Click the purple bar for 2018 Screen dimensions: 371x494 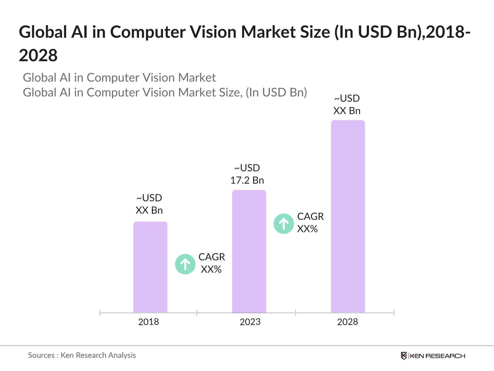click(x=150, y=267)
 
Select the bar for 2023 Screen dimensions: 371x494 click(x=249, y=252)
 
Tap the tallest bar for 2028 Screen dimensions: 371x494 click(x=348, y=216)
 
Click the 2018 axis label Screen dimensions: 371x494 click(x=149, y=322)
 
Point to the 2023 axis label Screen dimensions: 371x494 click(x=250, y=322)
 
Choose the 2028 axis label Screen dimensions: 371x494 click(x=347, y=322)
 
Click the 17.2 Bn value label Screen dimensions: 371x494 click(x=247, y=180)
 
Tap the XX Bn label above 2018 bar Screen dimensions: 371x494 click(x=149, y=210)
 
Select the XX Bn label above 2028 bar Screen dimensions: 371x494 click(x=347, y=111)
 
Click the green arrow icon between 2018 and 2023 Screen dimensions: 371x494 click(x=185, y=264)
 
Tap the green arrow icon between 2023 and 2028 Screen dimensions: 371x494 click(x=283, y=224)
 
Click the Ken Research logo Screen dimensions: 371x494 click(x=433, y=356)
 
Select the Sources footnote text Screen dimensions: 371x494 click(x=82, y=355)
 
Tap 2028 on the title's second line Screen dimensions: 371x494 click(x=38, y=56)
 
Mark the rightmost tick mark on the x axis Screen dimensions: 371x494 click(x=394, y=313)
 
